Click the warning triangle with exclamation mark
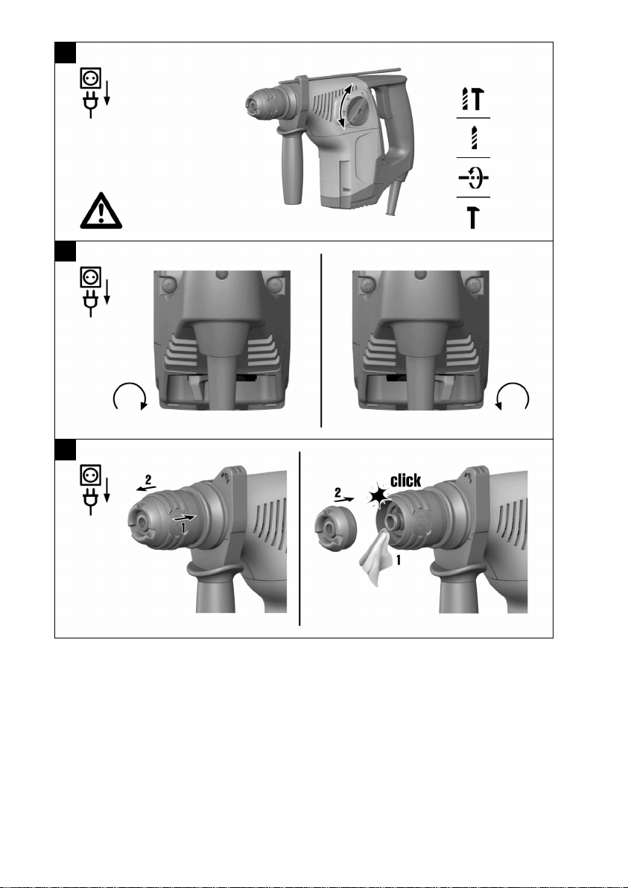tap(101, 211)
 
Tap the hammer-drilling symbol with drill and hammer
tap(473, 98)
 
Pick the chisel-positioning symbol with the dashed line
tap(473, 178)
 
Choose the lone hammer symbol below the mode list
tap(473, 217)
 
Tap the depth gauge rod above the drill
tap(348, 75)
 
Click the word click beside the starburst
tap(405, 481)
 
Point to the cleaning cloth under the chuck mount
tap(376, 559)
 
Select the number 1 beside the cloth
tap(399, 561)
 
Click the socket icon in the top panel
tap(91, 78)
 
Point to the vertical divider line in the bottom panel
tap(299, 539)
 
